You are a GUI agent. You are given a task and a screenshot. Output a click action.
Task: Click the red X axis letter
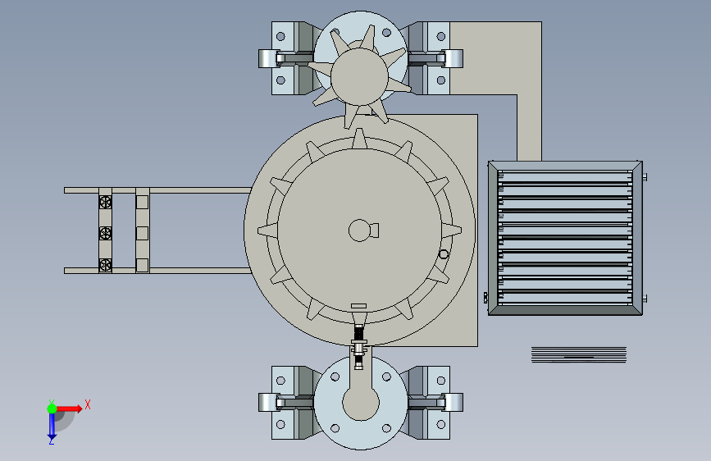click(88, 404)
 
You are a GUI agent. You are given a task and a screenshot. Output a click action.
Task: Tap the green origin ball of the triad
click(52, 409)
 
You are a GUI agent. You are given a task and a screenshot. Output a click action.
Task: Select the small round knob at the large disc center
click(360, 230)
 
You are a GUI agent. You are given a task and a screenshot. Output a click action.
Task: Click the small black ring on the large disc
click(444, 254)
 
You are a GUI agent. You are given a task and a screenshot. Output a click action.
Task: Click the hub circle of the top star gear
click(359, 77)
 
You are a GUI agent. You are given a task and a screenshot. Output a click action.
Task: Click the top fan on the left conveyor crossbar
click(105, 202)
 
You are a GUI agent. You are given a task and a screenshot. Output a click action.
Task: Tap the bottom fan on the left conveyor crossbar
click(105, 264)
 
